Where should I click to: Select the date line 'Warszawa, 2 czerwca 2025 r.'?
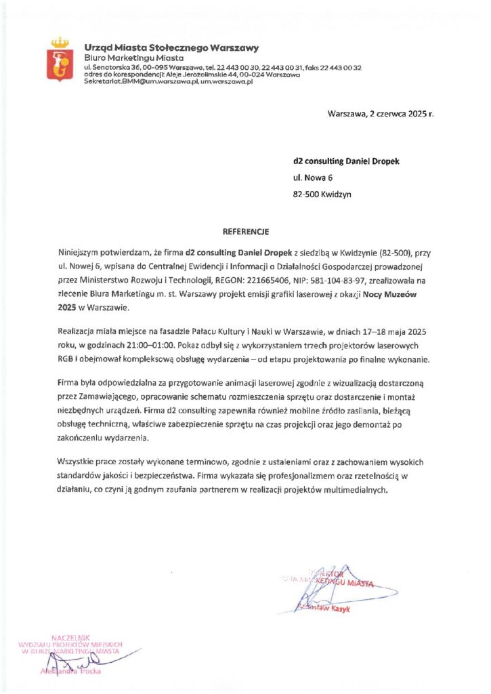(x=380, y=115)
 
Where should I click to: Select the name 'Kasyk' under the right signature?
(x=339, y=608)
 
